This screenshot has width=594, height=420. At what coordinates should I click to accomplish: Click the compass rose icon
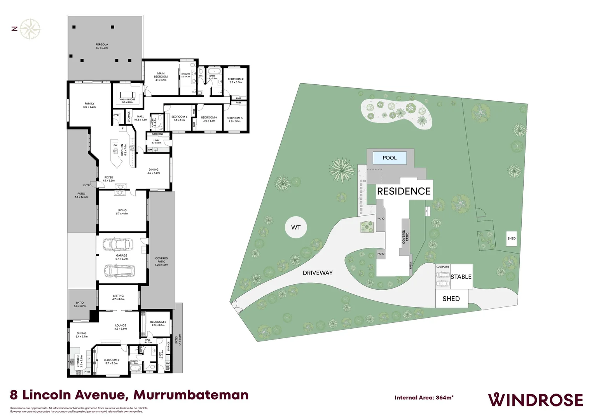[30, 29]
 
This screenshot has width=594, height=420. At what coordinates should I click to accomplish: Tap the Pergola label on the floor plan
[102, 46]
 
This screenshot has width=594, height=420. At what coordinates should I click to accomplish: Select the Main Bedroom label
[161, 76]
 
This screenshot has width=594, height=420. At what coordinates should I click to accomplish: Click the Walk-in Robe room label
[127, 101]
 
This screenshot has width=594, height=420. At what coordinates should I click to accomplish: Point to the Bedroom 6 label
[158, 323]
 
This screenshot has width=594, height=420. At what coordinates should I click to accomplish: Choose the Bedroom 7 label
[112, 361]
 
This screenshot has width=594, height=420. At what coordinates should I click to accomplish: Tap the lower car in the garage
[120, 270]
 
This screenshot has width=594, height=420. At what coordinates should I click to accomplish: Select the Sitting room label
[118, 297]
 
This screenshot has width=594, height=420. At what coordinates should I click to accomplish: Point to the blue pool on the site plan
[390, 158]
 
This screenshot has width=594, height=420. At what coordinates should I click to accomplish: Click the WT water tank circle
[296, 227]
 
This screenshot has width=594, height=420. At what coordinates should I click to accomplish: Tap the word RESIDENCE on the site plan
[404, 191]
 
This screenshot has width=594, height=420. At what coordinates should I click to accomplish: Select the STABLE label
[461, 277]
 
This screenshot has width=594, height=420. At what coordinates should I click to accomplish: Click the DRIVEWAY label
[318, 273]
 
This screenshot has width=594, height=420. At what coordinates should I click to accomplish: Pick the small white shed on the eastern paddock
[512, 238]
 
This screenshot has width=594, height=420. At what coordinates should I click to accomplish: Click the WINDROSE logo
[535, 399]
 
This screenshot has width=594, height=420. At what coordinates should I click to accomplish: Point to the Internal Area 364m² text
[424, 397]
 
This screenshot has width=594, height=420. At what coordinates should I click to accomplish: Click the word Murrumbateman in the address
[191, 395]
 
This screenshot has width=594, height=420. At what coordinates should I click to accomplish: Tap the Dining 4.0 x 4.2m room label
[154, 171]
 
